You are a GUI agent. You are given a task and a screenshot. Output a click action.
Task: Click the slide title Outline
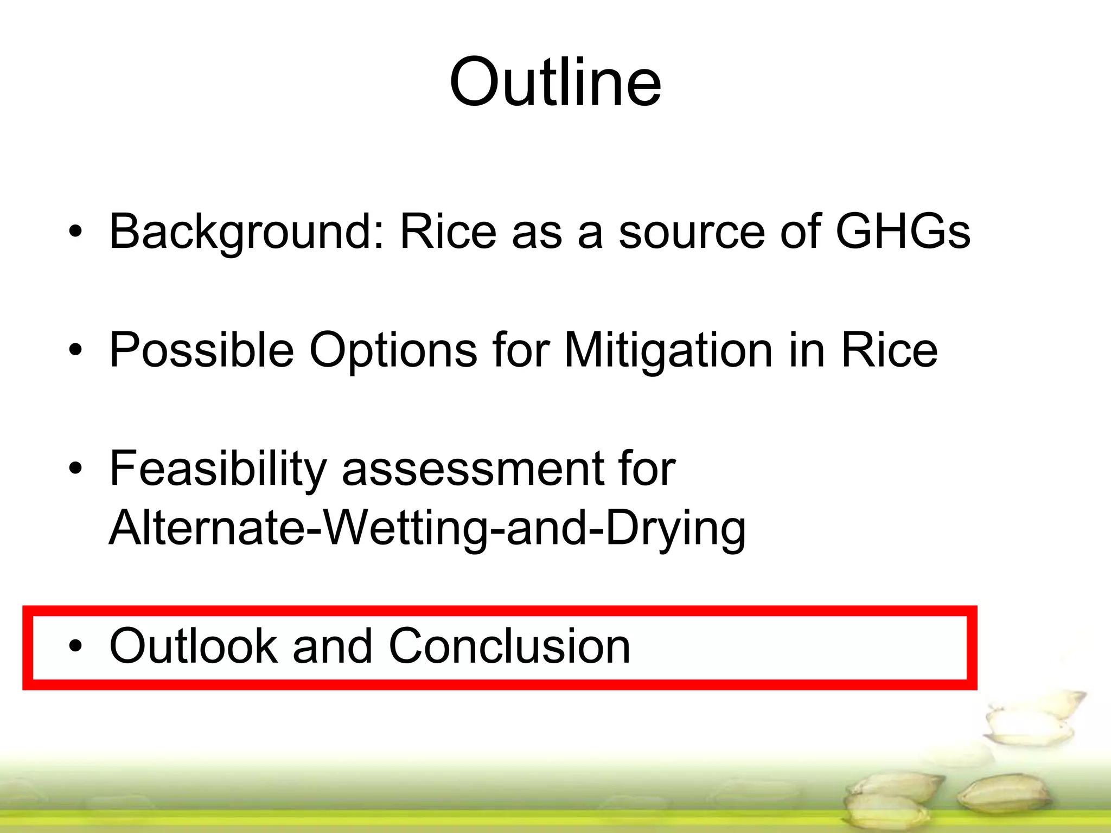(x=555, y=82)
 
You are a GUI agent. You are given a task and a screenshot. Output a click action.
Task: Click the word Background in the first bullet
(x=247, y=232)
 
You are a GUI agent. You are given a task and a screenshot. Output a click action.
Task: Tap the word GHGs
(x=902, y=232)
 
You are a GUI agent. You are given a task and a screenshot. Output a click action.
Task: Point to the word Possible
(x=201, y=350)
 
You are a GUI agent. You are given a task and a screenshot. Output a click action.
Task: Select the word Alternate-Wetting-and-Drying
(x=427, y=529)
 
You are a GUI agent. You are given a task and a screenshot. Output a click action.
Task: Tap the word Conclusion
(x=509, y=645)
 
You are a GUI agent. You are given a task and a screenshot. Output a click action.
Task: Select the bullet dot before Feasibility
(x=75, y=470)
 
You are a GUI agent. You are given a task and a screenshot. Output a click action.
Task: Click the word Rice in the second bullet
(x=889, y=350)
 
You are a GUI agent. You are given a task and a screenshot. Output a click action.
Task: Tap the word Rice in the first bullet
(x=448, y=232)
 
